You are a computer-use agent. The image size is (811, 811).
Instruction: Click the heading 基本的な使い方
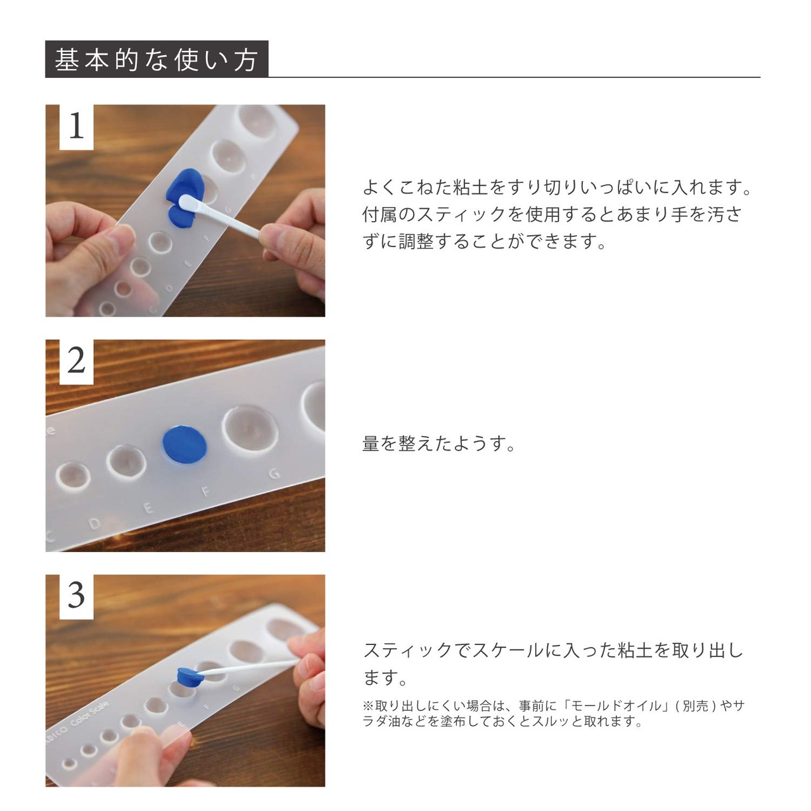pyautogui.click(x=156, y=60)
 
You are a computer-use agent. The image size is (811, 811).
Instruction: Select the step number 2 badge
pyautogui.click(x=76, y=361)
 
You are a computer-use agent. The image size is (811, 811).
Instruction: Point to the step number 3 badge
pyautogui.click(x=76, y=596)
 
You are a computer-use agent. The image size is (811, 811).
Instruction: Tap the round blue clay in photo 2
pyautogui.click(x=185, y=445)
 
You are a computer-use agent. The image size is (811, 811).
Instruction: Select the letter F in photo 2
pyautogui.click(x=206, y=491)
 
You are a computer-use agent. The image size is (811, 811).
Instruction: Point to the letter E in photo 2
pyautogui.click(x=148, y=508)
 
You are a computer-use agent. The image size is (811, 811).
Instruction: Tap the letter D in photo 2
pyautogui.click(x=95, y=524)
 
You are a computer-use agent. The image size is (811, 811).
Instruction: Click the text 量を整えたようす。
pyautogui.click(x=438, y=444)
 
